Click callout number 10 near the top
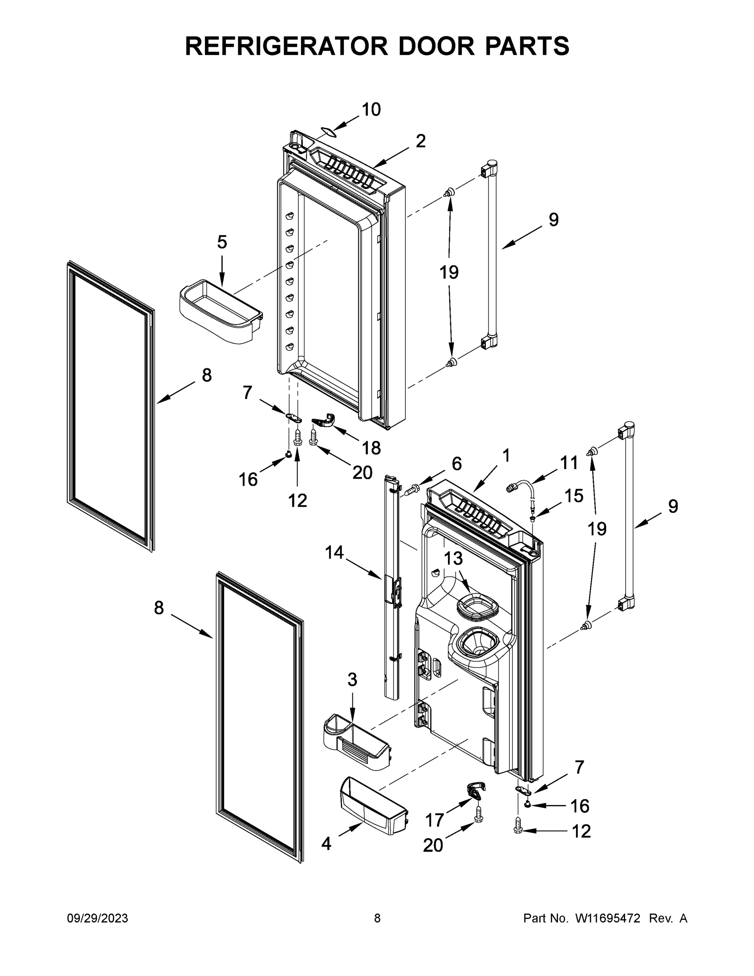(x=371, y=109)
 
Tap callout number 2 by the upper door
(x=420, y=141)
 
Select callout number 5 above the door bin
(x=222, y=242)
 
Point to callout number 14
(x=334, y=553)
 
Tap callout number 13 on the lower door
(x=453, y=559)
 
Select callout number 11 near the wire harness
(x=569, y=463)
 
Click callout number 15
(x=574, y=496)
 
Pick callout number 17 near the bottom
(x=434, y=820)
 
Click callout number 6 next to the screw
(x=456, y=464)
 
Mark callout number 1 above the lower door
(x=506, y=456)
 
